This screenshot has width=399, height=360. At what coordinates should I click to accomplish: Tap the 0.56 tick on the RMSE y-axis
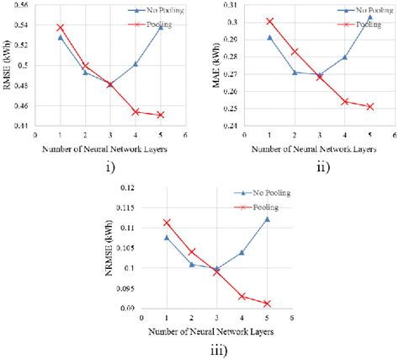tap(23, 5)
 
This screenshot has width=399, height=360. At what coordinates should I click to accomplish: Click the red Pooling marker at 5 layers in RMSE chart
tap(160, 115)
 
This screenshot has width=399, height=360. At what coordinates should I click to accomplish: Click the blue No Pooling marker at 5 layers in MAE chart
tap(370, 17)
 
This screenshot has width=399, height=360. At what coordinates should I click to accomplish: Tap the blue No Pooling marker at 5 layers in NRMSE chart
tap(266, 218)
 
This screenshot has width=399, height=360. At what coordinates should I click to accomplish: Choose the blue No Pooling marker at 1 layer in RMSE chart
tap(60, 37)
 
